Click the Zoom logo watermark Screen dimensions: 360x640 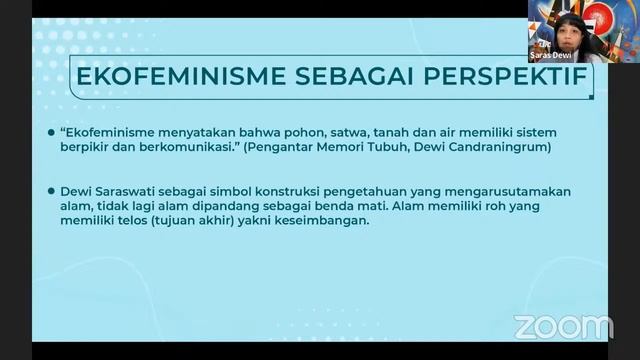pyautogui.click(x=563, y=326)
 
